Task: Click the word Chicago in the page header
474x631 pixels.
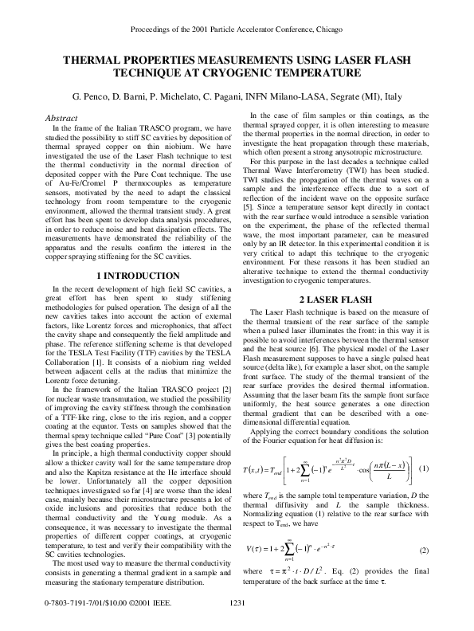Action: [x=327, y=29]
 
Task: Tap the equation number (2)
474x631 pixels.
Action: [x=424, y=551]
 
